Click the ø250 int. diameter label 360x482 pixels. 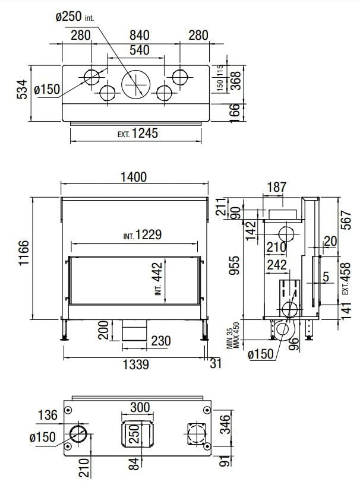pos(75,16)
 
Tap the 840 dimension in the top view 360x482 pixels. pos(139,35)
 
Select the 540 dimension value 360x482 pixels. pos(140,50)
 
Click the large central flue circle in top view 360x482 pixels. pos(135,84)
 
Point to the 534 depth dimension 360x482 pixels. pos(23,90)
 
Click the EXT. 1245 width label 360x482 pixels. pos(138,134)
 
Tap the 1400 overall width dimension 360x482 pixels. pos(134,177)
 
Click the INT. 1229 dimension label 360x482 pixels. pos(142,235)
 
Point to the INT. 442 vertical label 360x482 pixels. pos(158,278)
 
